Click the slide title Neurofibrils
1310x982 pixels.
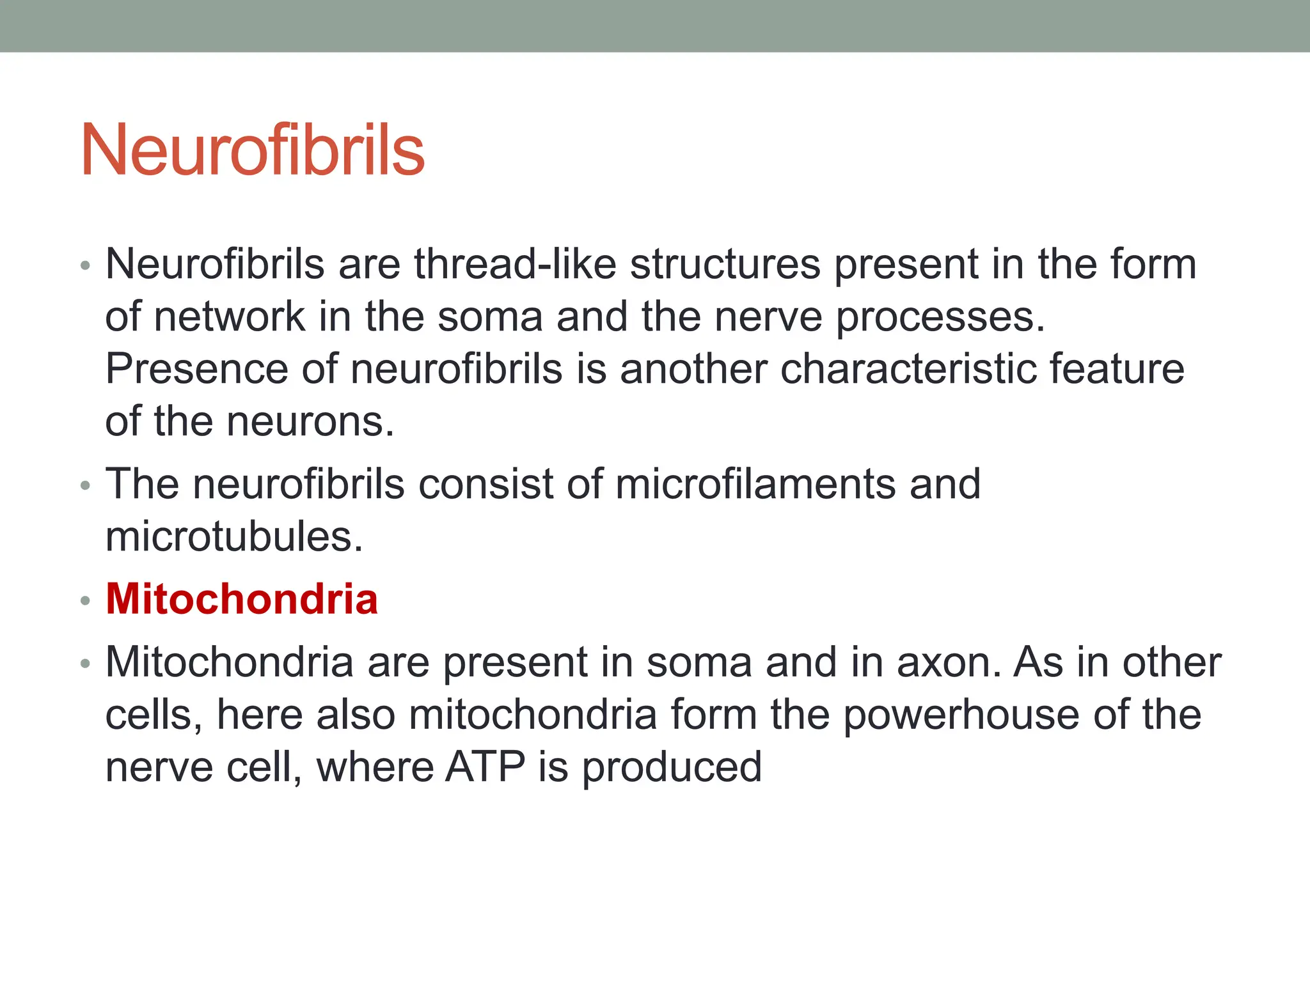(252, 150)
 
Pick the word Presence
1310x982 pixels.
(196, 369)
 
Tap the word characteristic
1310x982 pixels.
(907, 369)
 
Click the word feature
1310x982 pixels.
(1116, 369)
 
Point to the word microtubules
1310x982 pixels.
(233, 536)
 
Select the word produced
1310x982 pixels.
(671, 768)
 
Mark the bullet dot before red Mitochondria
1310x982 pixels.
(86, 601)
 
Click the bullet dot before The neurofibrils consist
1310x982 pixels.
(86, 486)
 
